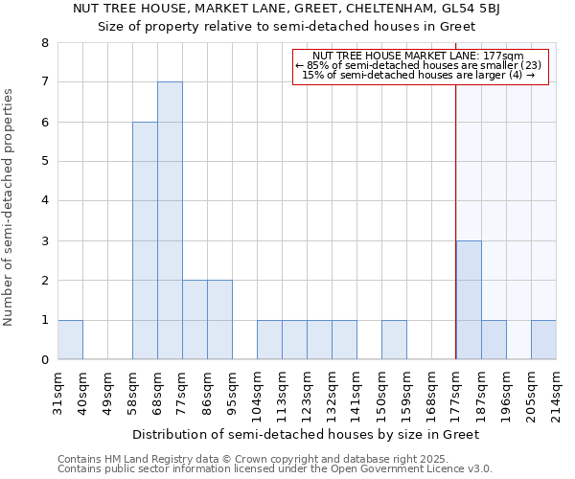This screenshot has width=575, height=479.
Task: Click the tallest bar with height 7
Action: coord(170,220)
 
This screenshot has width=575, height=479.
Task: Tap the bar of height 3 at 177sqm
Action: coord(469,300)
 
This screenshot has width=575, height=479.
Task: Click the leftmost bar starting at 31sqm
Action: coord(70,340)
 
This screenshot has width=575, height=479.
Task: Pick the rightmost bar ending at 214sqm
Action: coord(543,340)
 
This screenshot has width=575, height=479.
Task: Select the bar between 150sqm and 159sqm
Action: coord(394,340)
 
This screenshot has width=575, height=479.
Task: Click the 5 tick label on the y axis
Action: coord(44,162)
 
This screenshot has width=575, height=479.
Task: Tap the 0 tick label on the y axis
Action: coord(44,360)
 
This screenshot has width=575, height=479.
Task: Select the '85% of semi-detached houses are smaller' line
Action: coord(419,65)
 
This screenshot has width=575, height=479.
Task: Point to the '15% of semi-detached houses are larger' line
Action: coord(419,75)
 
